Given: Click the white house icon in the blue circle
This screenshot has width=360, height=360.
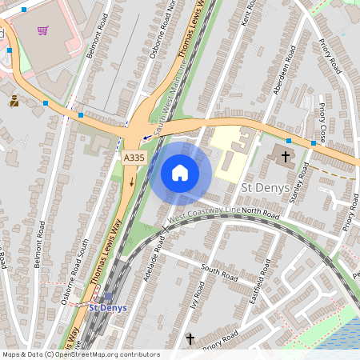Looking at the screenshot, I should [x=180, y=173].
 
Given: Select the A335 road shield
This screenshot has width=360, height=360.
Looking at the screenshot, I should [x=134, y=158].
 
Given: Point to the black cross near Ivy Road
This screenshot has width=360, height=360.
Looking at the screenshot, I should [x=190, y=339].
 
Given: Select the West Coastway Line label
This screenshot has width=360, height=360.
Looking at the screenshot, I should [x=204, y=211].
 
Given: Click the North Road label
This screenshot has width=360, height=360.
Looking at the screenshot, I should [x=261, y=213].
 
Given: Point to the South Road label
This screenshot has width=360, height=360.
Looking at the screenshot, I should [x=219, y=273].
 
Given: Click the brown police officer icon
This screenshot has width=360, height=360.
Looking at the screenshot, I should [x=14, y=101].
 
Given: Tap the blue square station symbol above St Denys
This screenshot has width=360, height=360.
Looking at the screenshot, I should [x=108, y=296].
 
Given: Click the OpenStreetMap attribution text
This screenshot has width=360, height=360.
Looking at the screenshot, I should [x=80, y=354].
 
